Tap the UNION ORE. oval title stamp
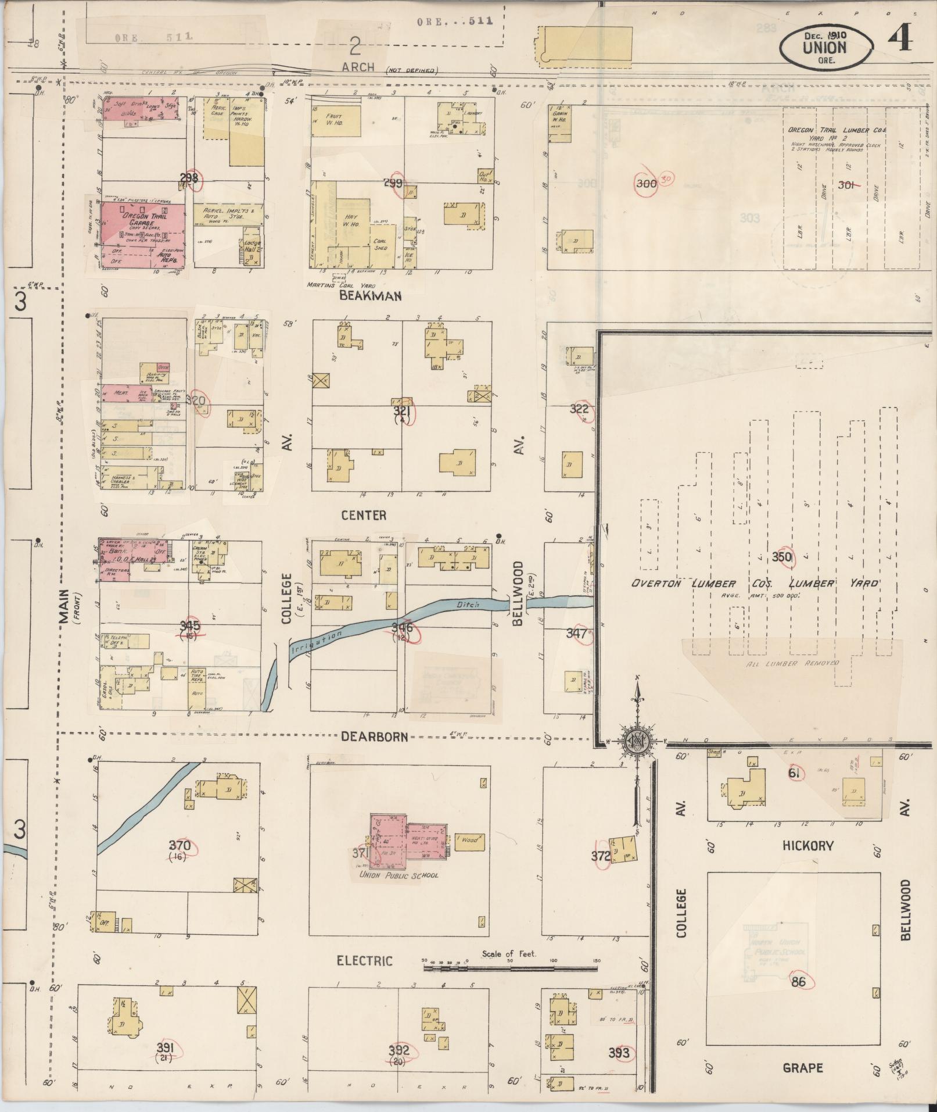(x=825, y=47)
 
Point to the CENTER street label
(x=364, y=515)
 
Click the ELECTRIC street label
(x=365, y=961)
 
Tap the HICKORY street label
(x=807, y=846)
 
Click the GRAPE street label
(x=803, y=1068)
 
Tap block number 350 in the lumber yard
(x=782, y=557)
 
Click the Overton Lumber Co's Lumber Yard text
(x=755, y=584)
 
